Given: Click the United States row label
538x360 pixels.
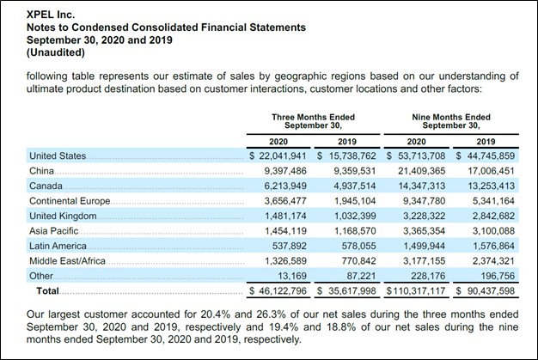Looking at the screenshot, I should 58,156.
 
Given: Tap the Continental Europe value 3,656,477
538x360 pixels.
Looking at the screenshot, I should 284,202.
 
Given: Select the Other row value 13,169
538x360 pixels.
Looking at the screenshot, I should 292,278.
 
